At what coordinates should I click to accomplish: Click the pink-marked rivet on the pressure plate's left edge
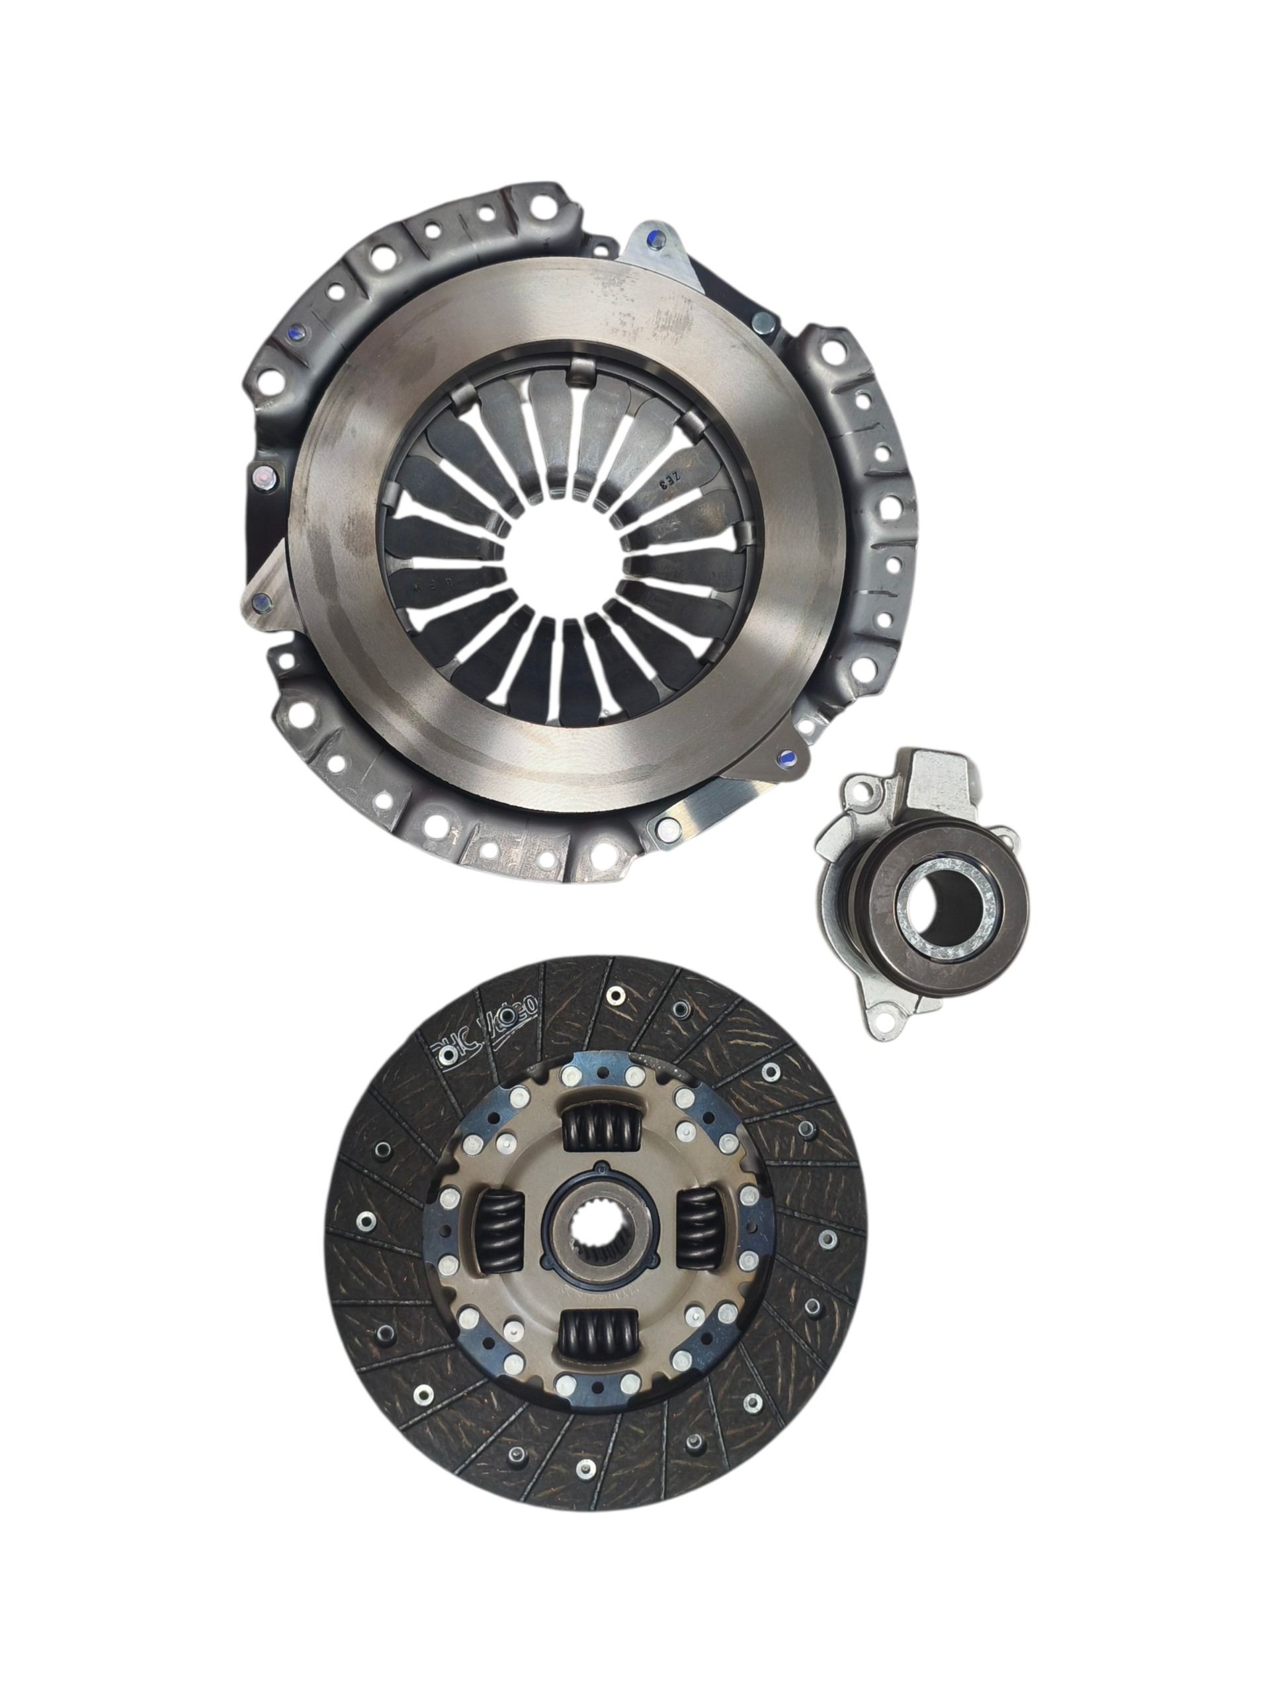(264, 478)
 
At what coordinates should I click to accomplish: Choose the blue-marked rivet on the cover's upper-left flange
(298, 331)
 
